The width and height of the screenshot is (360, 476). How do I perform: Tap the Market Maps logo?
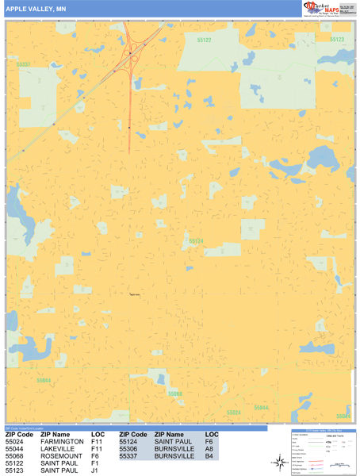pos(320,9)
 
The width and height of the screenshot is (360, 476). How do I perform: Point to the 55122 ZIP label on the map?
pos(205,40)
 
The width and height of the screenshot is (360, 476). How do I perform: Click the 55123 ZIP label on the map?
pos(337,39)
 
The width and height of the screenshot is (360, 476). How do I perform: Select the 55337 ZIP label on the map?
pos(22,64)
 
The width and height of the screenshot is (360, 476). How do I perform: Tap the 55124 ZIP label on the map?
pos(196,240)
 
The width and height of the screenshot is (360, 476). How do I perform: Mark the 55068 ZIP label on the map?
pos(175,393)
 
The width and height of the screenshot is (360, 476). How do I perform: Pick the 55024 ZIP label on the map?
pos(233,413)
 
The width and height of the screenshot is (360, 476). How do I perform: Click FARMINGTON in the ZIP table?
pos(63,442)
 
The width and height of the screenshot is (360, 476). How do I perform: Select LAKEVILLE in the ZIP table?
pos(60,449)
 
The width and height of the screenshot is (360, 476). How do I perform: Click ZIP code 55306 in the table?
pos(130,449)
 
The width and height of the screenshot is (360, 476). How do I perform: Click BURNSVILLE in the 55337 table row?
pos(175,456)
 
